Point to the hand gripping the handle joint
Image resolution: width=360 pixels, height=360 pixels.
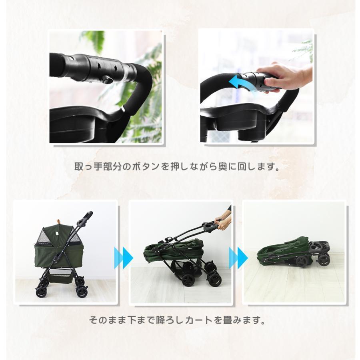tap(282, 76)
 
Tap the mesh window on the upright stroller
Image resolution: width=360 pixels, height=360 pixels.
tap(45, 238)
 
